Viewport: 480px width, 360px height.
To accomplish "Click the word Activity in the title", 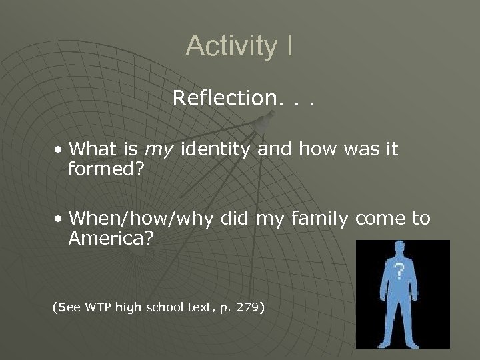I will click(226, 46).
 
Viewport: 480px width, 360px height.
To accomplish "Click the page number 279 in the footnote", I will click(250, 307).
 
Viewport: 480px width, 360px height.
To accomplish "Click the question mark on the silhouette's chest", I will click(399, 271).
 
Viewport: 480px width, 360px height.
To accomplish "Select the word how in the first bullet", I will click(311, 149).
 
